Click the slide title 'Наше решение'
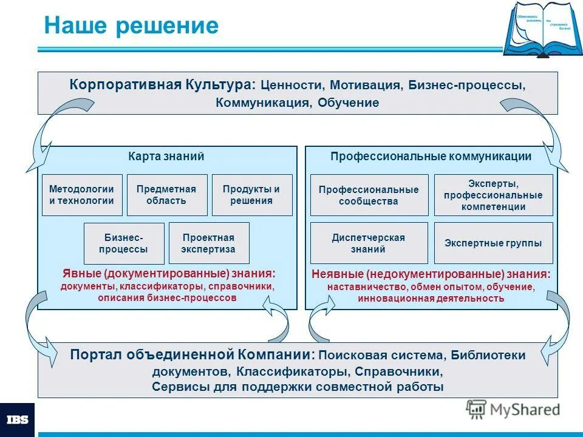(x=131, y=26)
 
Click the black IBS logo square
(x=17, y=419)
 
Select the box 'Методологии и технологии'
(x=82, y=195)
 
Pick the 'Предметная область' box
(x=167, y=195)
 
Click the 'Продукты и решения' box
(x=252, y=195)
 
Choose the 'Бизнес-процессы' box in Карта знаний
(x=124, y=243)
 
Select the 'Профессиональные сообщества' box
(x=369, y=195)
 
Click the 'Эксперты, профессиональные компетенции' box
(x=493, y=195)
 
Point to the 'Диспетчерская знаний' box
(x=369, y=243)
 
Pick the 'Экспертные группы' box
(x=493, y=243)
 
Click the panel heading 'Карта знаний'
(x=166, y=156)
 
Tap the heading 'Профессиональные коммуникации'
(x=431, y=156)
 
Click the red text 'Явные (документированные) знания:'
(x=167, y=274)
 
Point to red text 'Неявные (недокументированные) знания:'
(x=431, y=274)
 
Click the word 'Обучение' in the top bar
(x=348, y=103)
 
